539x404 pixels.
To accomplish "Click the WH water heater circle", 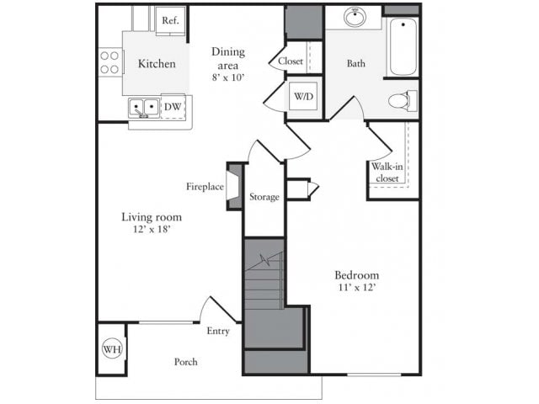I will tap(112, 348).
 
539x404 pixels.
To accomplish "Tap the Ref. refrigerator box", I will tap(169, 19).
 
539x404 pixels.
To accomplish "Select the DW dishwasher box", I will tap(173, 107).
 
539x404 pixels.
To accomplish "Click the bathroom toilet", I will tap(402, 101).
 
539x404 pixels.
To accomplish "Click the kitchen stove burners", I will tap(110, 62).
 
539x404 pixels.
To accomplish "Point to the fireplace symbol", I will tap(235, 185).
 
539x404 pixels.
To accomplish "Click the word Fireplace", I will tap(205, 186).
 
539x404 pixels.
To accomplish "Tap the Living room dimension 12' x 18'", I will tap(152, 229).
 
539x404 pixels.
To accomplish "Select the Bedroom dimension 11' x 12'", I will tap(356, 288).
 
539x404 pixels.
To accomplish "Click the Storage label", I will tap(264, 197).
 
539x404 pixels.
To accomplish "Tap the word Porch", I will tap(185, 362).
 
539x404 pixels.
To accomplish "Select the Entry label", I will tap(218, 331).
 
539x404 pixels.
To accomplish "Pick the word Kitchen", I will tap(157, 64).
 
